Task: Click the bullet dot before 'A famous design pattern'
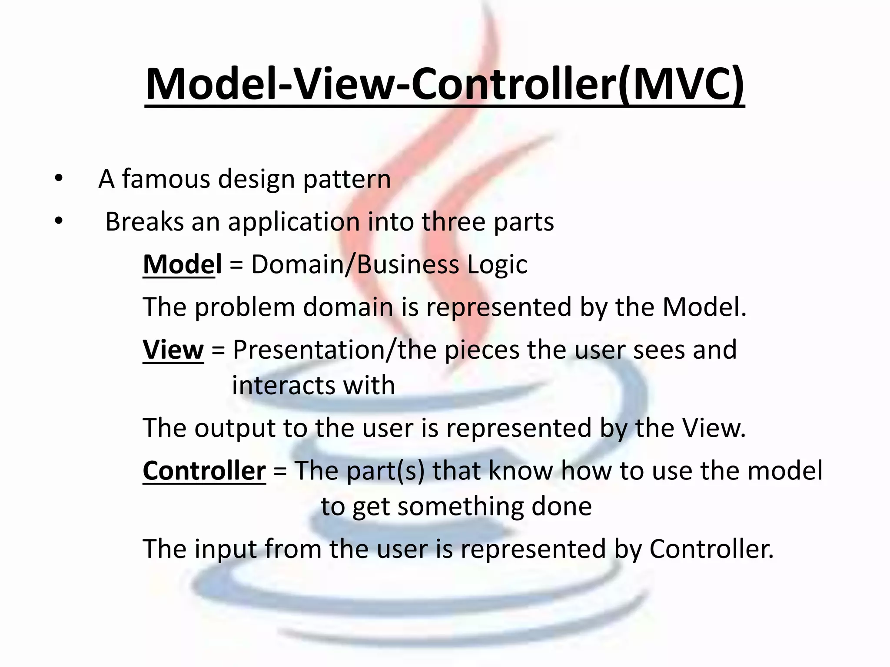click(59, 178)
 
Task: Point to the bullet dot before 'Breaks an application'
click(59, 221)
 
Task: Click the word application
click(294, 222)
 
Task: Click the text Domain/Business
click(355, 264)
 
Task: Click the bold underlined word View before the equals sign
click(173, 350)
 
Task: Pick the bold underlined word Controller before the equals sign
click(204, 471)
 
